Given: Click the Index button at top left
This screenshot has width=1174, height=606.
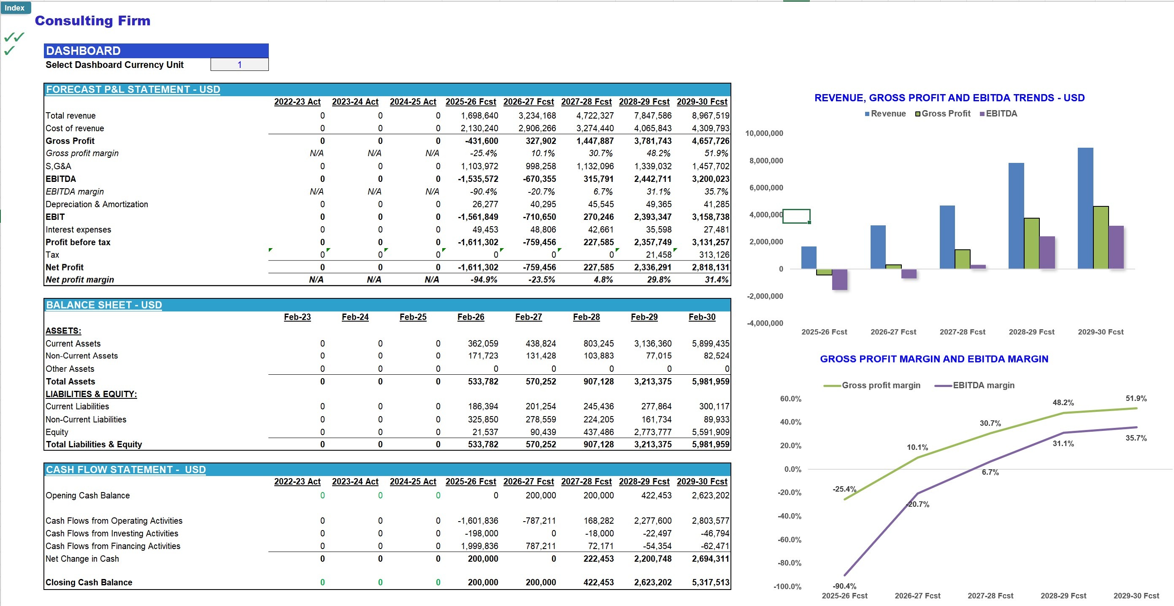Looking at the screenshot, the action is [15, 8].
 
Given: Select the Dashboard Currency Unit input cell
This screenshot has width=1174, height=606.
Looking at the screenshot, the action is [239, 65].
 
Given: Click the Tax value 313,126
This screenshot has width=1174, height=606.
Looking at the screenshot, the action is [714, 255].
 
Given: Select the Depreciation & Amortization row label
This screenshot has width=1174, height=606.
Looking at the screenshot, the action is [97, 204].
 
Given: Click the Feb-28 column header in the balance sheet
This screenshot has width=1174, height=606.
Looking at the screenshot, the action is [586, 317].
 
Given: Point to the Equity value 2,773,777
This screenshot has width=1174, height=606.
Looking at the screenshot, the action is [653, 432].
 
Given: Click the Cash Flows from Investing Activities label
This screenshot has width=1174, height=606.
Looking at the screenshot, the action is [112, 533].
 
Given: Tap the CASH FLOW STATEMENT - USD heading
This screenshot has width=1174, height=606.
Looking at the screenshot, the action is [126, 470].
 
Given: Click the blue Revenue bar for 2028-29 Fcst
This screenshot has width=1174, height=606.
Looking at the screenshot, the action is [1016, 216].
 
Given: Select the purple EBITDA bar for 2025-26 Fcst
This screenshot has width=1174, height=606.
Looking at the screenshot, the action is [839, 279].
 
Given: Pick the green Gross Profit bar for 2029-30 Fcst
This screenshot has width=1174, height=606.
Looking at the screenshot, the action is [1101, 238].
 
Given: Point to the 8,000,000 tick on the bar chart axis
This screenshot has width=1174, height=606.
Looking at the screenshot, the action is [766, 160].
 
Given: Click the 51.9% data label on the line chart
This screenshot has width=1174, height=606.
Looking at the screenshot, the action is [1136, 399].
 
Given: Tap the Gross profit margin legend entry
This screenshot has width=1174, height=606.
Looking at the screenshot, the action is [872, 385].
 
